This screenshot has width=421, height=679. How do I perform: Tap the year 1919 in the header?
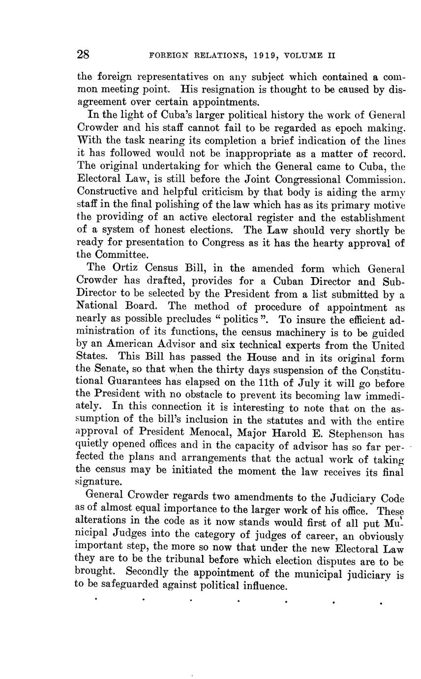(267, 56)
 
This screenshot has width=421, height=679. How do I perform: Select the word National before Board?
(96, 307)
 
